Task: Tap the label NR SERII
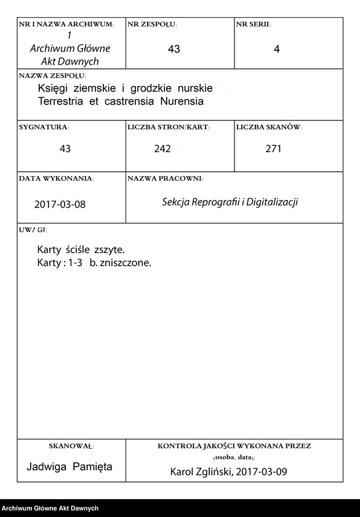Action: (x=252, y=25)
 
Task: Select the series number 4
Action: (x=276, y=50)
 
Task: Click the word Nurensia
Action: (x=182, y=100)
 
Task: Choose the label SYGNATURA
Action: (x=44, y=127)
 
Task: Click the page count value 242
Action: (x=162, y=148)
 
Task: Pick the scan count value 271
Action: (x=274, y=148)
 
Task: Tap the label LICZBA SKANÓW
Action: (x=268, y=127)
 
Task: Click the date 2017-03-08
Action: (x=60, y=204)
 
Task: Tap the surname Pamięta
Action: (x=92, y=467)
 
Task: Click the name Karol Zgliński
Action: (x=200, y=472)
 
